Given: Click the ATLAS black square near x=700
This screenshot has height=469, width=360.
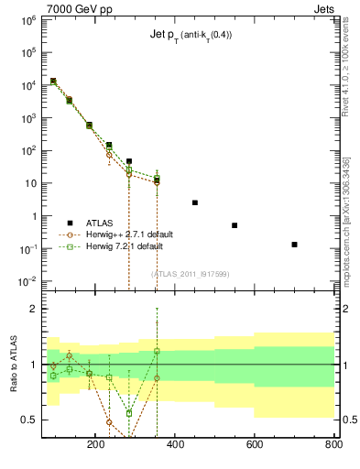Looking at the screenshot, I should (x=294, y=245).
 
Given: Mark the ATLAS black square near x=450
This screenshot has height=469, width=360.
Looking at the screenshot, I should (x=195, y=202).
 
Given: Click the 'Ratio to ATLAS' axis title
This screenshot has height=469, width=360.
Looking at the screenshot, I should (x=14, y=365).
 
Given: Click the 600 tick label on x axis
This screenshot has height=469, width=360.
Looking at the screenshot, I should (x=254, y=446).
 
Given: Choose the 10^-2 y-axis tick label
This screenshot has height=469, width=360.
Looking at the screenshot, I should (x=27, y=281).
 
